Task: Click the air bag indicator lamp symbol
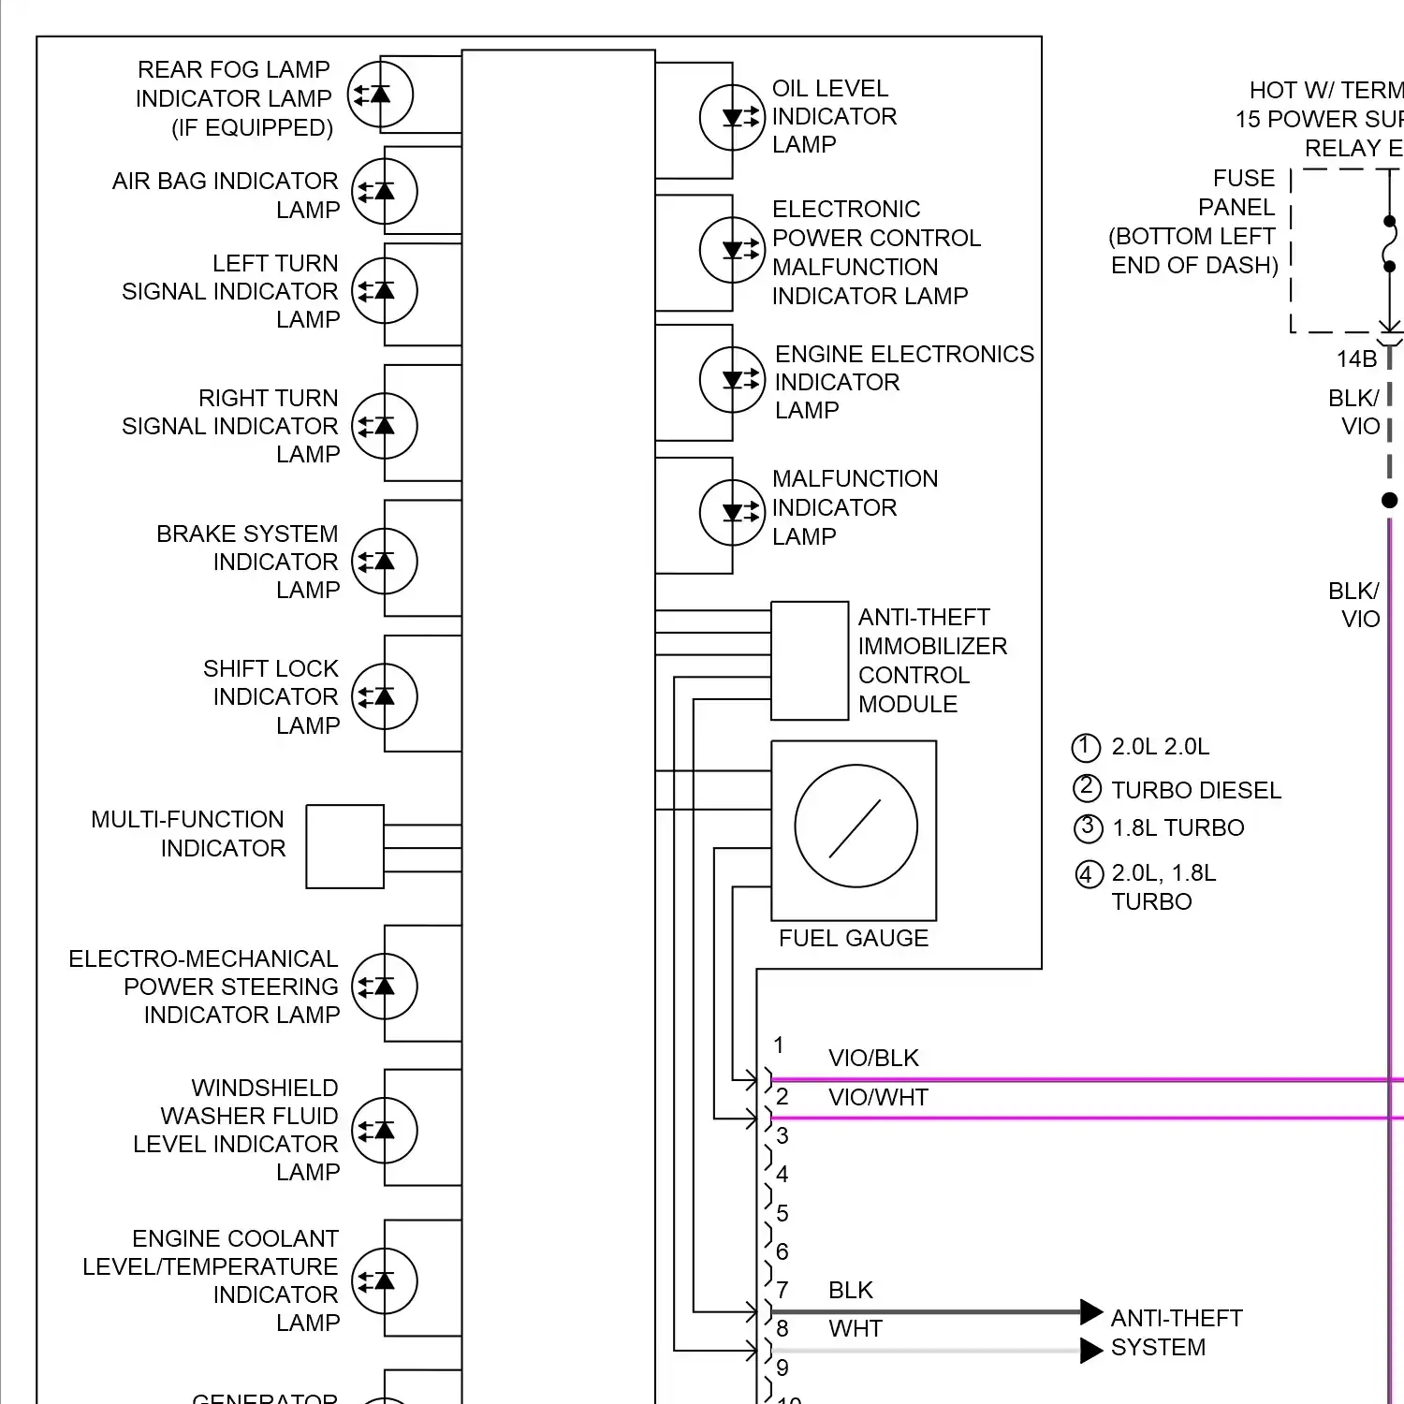click(x=384, y=192)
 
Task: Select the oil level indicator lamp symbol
click(x=732, y=118)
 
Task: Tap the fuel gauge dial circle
click(x=856, y=826)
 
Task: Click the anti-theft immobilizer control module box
click(x=810, y=661)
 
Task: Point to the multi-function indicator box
click(x=344, y=846)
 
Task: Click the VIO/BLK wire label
click(x=873, y=1058)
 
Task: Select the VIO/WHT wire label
click(x=878, y=1097)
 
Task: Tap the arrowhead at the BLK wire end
click(x=1090, y=1312)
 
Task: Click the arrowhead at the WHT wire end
click(x=1090, y=1351)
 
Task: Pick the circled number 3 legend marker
click(x=1087, y=827)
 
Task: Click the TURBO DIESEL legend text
click(x=1195, y=790)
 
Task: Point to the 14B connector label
click(x=1356, y=358)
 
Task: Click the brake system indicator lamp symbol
click(x=384, y=562)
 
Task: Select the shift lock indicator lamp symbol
click(x=384, y=696)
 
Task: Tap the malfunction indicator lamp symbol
click(x=732, y=513)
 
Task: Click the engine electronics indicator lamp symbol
click(x=732, y=380)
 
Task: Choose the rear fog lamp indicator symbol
click(x=380, y=95)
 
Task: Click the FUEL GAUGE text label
click(x=853, y=938)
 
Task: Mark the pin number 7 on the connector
click(x=782, y=1290)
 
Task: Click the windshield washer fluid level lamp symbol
click(x=384, y=1131)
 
